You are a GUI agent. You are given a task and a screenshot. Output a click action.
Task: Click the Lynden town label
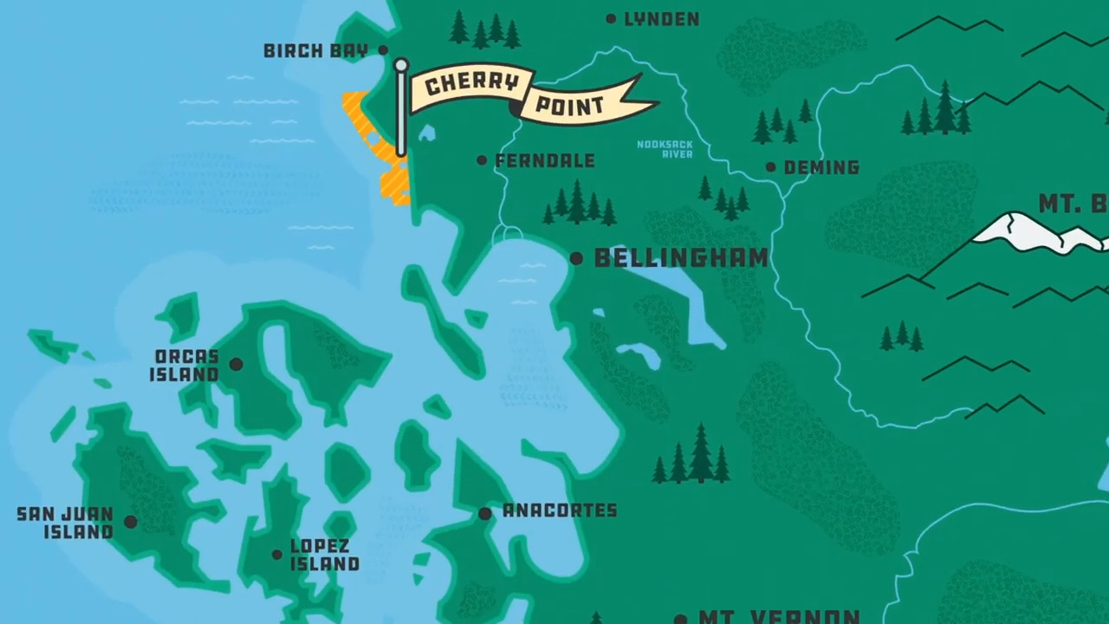(661, 19)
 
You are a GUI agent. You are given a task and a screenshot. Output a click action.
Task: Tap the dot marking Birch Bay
(383, 50)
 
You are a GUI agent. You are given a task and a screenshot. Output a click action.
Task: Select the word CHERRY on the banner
(472, 84)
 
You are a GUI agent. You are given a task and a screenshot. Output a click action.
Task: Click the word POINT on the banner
(569, 106)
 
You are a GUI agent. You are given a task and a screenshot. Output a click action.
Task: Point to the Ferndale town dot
(482, 160)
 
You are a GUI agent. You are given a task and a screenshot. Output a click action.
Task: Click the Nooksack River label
(665, 149)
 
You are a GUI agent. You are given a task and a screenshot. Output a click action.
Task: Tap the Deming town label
(820, 167)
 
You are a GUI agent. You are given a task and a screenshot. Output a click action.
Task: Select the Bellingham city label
(681, 258)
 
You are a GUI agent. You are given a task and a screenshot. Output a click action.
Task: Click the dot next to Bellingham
(576, 258)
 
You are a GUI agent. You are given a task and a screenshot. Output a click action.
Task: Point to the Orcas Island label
(185, 366)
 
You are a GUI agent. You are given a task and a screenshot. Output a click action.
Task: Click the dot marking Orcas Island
(236, 365)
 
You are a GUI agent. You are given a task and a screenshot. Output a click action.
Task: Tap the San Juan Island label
(66, 523)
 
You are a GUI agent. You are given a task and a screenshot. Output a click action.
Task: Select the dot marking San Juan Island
(130, 522)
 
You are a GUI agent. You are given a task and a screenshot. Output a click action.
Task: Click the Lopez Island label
(324, 555)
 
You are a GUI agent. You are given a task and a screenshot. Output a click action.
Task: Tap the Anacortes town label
(560, 510)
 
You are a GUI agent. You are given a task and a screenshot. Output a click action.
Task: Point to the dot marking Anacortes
(485, 513)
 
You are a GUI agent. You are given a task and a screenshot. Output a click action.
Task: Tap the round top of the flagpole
(400, 65)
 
